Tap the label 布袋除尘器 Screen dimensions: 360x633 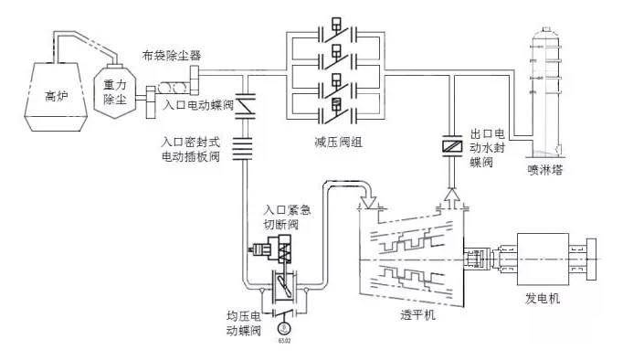(x=173, y=54)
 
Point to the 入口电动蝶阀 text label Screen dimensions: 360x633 (x=197, y=105)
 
